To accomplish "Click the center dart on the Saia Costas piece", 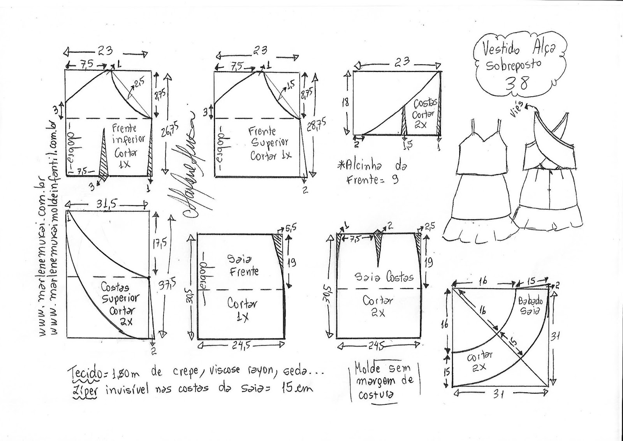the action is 377,247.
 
